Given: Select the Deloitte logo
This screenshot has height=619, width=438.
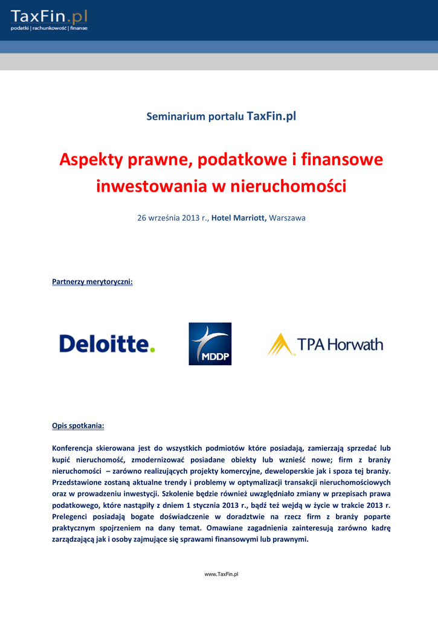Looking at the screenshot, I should pos(107,344).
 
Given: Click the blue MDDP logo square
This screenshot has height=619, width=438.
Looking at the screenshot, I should pos(210,343).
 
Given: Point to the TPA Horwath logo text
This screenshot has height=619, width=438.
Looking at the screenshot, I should pos(340,345).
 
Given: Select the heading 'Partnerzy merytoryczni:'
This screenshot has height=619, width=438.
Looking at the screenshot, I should pos(92,281).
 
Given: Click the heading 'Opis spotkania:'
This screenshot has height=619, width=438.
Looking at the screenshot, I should pos(78,426).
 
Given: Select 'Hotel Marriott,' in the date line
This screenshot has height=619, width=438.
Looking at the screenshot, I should pos(239,218).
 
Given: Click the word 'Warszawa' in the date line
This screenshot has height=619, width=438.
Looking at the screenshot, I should pos(287,218).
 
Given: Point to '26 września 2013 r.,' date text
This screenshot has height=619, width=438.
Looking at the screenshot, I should pos(173,218).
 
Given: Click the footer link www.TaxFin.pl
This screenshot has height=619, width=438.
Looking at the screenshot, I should pos(221,574).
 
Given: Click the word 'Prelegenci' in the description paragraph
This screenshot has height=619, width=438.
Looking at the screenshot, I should pos(71,517).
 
